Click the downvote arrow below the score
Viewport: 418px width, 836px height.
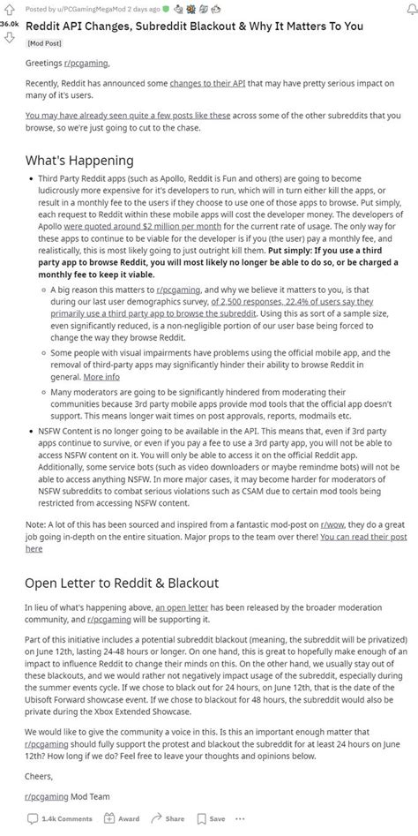click(10, 37)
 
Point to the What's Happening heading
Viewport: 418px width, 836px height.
click(80, 161)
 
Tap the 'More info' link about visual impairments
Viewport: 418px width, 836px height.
click(101, 376)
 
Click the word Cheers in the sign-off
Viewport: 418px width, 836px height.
click(41, 778)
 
